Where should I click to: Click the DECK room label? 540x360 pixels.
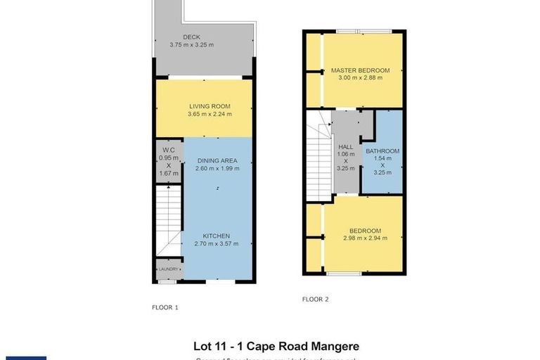(192, 37)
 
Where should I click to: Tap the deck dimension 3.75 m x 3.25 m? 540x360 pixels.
(192, 45)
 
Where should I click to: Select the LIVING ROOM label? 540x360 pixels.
(210, 106)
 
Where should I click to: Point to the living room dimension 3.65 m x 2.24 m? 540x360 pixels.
(210, 115)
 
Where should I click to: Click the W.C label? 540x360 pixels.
(167, 150)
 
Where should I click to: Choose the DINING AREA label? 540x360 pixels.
(217, 160)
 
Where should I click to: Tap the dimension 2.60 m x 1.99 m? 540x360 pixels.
(217, 169)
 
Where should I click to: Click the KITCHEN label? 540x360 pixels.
(217, 236)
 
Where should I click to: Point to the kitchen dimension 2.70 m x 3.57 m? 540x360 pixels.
(217, 244)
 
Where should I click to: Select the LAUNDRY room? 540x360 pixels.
(168, 269)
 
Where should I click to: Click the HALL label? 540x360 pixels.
(345, 146)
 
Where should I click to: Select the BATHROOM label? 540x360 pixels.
(382, 151)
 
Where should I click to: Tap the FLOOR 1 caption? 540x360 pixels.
(165, 308)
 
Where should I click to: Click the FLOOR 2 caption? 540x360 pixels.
(316, 299)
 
